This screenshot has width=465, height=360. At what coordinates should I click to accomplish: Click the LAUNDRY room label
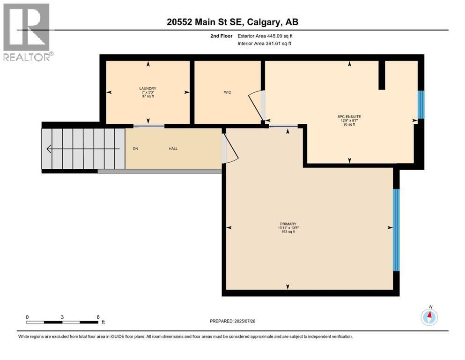tap(148, 89)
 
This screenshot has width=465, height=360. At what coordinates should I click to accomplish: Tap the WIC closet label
tap(228, 92)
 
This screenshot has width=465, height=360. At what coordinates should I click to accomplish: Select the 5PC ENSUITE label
tap(349, 117)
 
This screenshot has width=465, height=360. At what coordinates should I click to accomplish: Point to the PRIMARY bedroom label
tap(288, 224)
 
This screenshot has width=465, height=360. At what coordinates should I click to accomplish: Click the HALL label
tap(173, 149)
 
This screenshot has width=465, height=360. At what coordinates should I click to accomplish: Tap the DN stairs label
tap(135, 149)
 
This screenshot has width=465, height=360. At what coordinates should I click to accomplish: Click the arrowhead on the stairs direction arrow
tap(49, 149)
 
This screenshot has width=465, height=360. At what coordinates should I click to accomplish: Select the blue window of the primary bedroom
tap(396, 230)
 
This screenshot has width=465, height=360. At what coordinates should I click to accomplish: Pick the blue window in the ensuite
tap(421, 105)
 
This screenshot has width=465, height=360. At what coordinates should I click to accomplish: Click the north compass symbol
tap(429, 317)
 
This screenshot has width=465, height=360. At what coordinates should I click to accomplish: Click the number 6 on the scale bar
tap(98, 317)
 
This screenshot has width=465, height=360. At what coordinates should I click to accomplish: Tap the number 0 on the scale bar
tap(27, 317)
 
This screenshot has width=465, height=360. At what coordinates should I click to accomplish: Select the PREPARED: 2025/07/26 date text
tap(232, 321)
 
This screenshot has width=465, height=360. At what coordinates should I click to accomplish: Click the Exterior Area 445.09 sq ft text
tap(265, 36)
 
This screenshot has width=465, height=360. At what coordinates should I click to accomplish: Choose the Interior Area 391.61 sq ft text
tap(264, 43)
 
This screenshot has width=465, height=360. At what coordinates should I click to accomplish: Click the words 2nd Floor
tap(221, 36)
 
